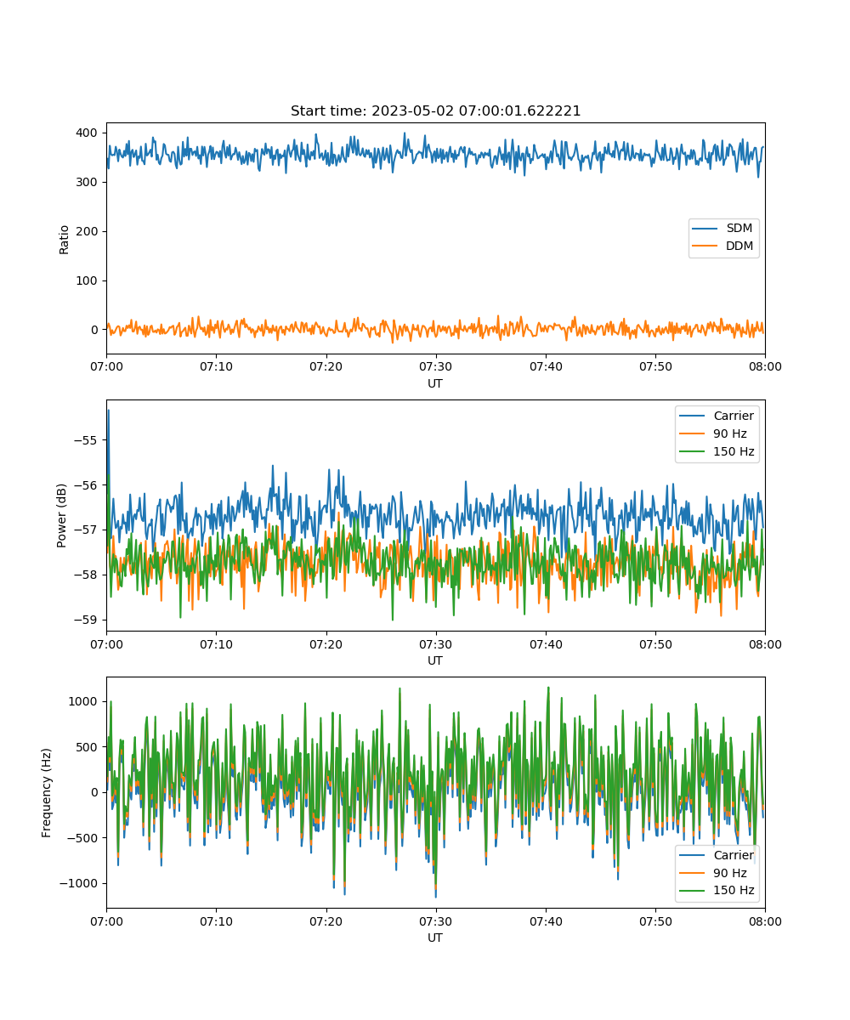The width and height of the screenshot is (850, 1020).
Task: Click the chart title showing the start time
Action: [x=435, y=110]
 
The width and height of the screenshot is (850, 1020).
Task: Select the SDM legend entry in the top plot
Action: [x=722, y=228]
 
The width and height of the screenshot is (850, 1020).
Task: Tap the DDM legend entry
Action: [x=722, y=246]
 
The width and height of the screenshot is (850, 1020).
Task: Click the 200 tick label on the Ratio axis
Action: [x=87, y=231]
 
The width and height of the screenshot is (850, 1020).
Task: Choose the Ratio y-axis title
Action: [x=64, y=240]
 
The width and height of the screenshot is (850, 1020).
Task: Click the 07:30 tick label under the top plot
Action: [x=436, y=366]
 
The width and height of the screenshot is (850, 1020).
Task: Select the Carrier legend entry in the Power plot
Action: [x=717, y=416]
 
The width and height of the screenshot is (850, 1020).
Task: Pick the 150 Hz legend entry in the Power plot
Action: [x=717, y=451]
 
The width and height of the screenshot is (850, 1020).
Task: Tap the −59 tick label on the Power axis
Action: [x=85, y=620]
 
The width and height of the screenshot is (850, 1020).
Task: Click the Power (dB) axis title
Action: [x=61, y=515]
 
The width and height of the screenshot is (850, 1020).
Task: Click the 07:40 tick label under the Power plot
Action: [x=546, y=644]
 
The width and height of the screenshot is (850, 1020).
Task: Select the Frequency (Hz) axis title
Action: [x=47, y=793]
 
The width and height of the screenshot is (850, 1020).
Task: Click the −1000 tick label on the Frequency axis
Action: [x=78, y=884]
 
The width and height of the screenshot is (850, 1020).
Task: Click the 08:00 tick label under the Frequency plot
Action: [x=765, y=921]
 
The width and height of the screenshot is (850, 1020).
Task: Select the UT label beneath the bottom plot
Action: [x=434, y=938]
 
